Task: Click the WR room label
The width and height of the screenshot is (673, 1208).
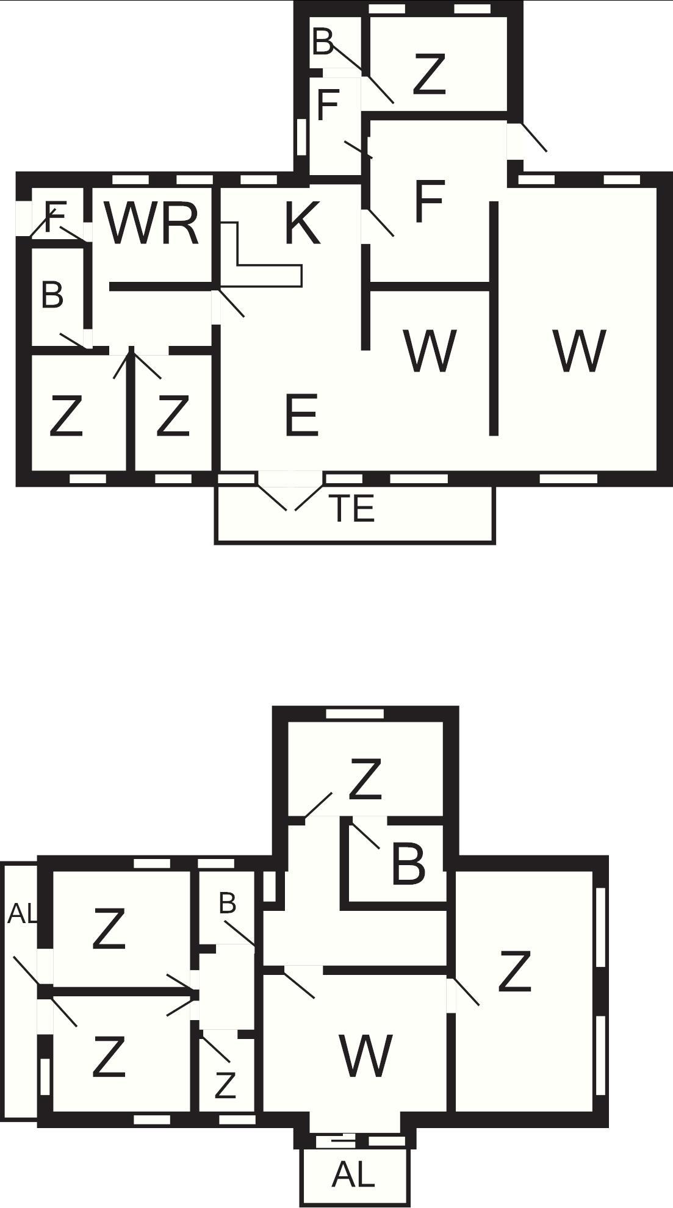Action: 152,223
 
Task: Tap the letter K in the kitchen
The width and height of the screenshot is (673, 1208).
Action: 303,223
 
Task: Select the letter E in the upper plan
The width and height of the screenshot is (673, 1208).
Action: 301,415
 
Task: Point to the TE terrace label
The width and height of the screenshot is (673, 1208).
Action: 352,508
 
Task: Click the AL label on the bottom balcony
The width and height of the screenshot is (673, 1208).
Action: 353,1174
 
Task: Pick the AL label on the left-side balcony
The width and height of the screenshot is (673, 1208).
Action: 23,913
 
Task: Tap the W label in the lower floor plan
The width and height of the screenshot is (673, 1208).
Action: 365,1055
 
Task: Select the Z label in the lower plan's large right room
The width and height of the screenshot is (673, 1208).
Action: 514,971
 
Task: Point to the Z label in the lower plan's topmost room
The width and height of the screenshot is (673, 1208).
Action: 365,778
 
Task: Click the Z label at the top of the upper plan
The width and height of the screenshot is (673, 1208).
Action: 429,74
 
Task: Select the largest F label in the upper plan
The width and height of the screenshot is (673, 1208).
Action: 428,201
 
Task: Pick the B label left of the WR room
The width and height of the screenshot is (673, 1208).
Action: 52,295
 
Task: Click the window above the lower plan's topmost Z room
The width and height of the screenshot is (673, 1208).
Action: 354,714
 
